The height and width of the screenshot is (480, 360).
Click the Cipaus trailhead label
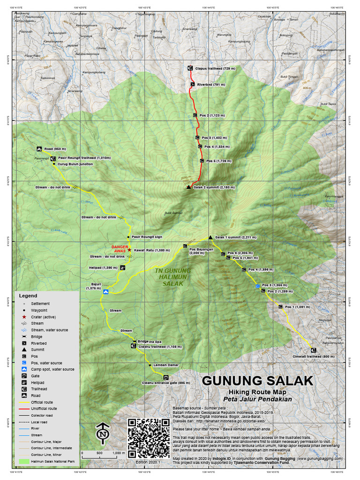[215, 68]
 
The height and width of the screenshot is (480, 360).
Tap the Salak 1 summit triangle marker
[210, 237]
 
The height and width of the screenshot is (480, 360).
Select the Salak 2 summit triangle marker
[188, 187]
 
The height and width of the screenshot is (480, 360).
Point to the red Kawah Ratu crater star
[129, 250]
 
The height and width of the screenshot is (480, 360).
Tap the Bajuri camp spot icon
[106, 292]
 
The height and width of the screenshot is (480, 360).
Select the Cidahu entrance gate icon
[165, 377]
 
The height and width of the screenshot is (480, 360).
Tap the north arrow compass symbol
[103, 435]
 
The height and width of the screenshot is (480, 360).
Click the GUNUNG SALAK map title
[257, 380]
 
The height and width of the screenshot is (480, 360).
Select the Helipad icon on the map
[122, 268]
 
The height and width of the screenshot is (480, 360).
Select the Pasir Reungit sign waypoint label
[147, 237]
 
